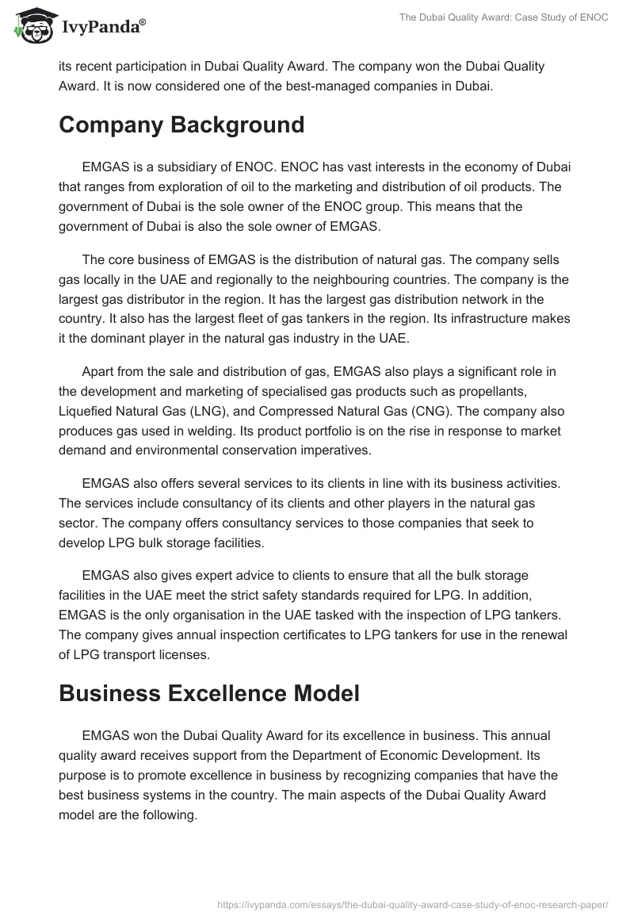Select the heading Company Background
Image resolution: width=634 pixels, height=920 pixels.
click(x=181, y=125)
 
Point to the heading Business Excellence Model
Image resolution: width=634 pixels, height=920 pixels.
click(x=209, y=693)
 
